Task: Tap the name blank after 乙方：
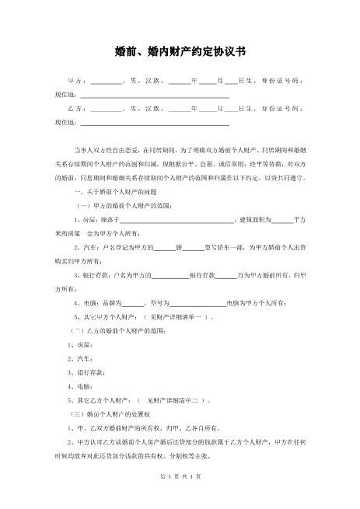107,110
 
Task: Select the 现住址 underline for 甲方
155,96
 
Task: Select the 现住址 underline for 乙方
155,123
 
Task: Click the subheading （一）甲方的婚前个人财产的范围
117,205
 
